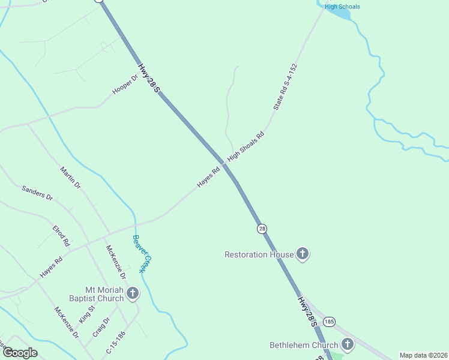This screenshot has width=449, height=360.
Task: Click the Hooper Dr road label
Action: point(125,85)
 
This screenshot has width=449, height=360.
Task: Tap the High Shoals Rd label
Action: point(246,146)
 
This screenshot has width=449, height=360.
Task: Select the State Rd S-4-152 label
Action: point(285,86)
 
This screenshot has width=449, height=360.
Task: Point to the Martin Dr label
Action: point(70,178)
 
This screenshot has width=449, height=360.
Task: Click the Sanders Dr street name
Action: point(37,193)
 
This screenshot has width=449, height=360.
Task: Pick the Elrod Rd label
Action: point(61,235)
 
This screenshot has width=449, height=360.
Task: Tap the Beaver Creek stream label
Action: point(139,253)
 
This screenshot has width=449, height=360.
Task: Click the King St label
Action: point(87,313)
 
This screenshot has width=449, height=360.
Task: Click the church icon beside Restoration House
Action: point(303,254)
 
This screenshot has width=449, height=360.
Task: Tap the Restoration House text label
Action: point(259,254)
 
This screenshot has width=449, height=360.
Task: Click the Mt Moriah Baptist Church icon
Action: point(132,293)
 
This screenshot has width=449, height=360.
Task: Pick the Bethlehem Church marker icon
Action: point(347,345)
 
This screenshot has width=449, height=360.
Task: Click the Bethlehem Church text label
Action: point(304,345)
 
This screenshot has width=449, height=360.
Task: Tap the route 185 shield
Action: point(329,322)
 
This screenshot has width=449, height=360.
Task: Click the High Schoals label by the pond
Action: point(342,7)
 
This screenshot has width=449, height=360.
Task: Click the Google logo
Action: point(20,353)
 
